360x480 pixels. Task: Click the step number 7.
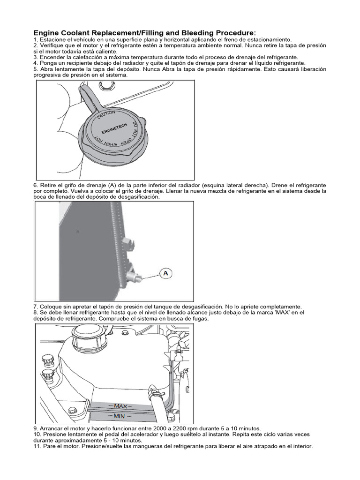pos(36,307)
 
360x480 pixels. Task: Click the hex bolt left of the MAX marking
pos(72,411)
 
